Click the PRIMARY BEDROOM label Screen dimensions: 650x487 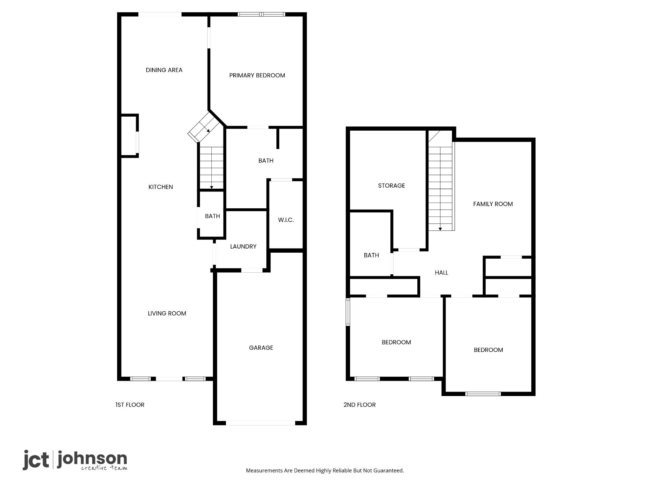[257, 75]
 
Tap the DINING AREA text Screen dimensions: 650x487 [164, 70]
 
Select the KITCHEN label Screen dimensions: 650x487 [161, 187]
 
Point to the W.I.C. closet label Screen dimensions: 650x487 [286, 220]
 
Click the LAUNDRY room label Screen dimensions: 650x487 [243, 247]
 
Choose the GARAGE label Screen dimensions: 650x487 [261, 348]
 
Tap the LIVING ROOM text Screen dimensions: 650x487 [167, 314]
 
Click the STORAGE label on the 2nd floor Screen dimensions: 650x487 [391, 186]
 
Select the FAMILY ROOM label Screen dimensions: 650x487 [493, 204]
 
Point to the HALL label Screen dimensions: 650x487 [441, 273]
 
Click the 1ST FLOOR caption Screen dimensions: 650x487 [130, 405]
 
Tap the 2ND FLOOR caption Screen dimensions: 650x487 [360, 405]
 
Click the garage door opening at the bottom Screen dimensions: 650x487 [261, 423]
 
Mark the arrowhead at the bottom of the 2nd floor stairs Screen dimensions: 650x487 [440, 229]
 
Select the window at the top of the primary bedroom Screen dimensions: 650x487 [262, 14]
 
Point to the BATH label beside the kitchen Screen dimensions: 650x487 [212, 216]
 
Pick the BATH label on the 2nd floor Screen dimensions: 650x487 [371, 256]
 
